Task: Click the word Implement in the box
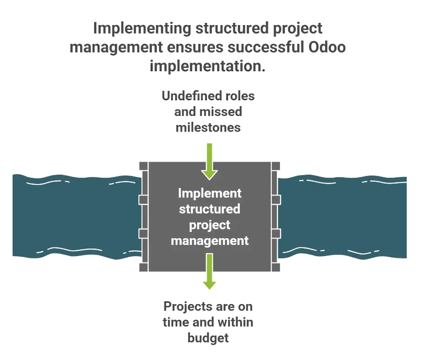click(210, 193)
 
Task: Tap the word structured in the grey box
click(210, 209)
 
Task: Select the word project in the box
click(210, 225)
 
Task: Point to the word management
click(210, 240)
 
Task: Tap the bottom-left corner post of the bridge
click(143, 268)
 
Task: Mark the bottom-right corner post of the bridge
click(276, 268)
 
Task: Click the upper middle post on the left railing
click(143, 199)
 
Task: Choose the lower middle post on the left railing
click(143, 233)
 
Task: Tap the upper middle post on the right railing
click(276, 199)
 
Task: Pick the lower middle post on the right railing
click(276, 233)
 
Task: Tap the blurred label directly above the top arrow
click(209, 111)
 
